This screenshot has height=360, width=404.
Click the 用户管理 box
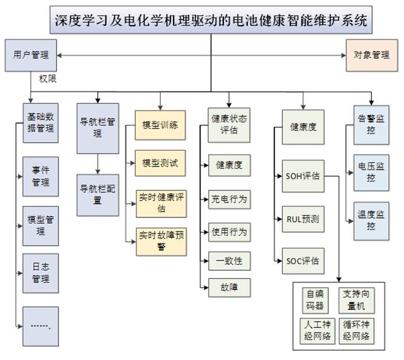click(x=30, y=55)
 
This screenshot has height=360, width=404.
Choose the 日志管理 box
click(x=41, y=274)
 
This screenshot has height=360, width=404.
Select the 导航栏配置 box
click(x=97, y=194)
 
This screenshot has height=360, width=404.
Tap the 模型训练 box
click(x=160, y=125)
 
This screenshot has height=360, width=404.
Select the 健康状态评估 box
click(x=229, y=124)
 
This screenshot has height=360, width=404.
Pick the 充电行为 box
click(x=229, y=199)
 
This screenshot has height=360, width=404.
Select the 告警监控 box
click(x=371, y=124)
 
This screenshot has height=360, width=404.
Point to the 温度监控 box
click(x=371, y=220)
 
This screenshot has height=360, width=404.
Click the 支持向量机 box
click(x=356, y=299)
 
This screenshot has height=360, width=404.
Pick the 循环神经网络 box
click(x=356, y=331)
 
